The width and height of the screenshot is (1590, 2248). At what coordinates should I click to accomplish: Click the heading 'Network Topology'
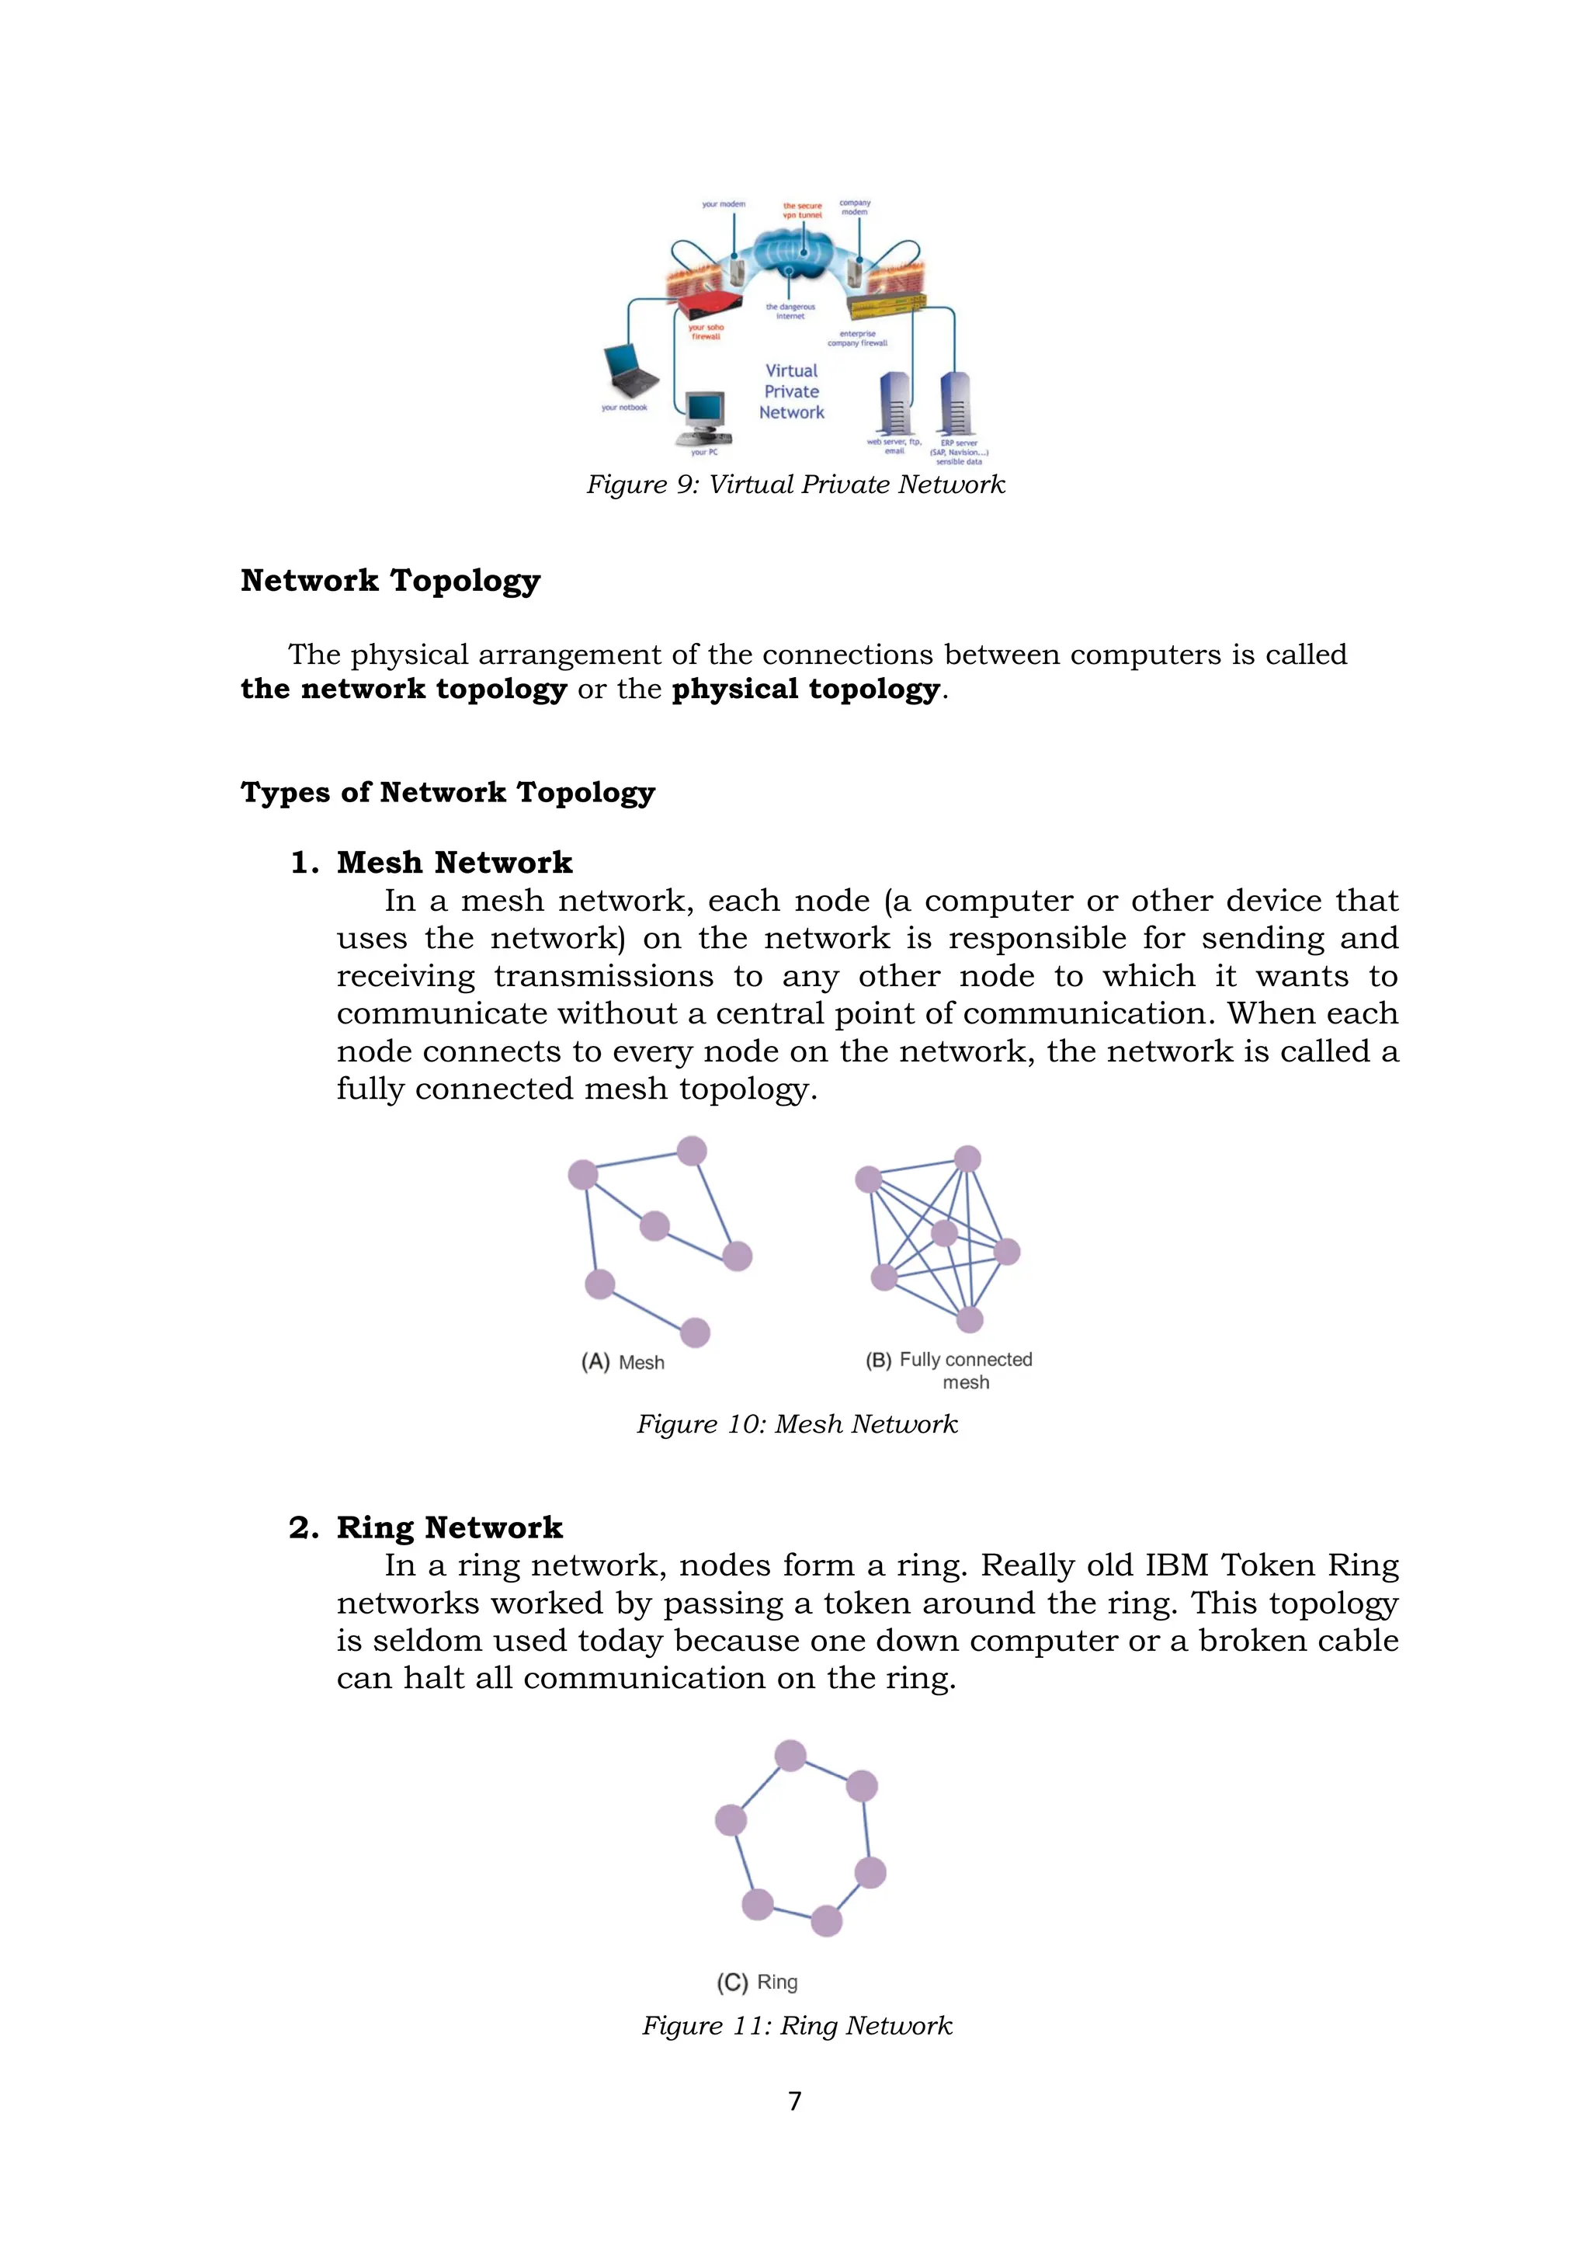(x=390, y=581)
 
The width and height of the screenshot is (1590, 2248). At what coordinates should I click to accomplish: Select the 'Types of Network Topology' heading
(x=447, y=792)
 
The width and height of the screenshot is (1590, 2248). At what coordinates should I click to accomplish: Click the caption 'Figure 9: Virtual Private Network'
(x=795, y=485)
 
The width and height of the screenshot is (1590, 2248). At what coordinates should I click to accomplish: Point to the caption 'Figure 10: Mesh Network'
(x=796, y=1425)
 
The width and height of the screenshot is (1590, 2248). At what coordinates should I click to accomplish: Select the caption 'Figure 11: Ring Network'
(x=796, y=2026)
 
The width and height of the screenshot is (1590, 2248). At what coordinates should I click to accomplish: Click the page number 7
(x=795, y=2101)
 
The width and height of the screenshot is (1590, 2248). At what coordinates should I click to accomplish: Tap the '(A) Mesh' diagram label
(x=623, y=1362)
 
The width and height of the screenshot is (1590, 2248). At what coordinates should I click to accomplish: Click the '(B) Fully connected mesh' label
(x=949, y=1370)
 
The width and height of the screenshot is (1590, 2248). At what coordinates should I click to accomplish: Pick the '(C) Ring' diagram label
(x=757, y=1982)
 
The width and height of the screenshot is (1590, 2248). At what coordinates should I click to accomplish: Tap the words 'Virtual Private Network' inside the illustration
(x=792, y=391)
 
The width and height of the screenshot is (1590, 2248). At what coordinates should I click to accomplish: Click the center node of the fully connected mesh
(x=944, y=1232)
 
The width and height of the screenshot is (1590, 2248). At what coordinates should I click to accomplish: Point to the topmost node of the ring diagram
(x=790, y=1756)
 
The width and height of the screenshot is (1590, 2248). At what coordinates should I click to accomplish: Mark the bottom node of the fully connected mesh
(x=969, y=1320)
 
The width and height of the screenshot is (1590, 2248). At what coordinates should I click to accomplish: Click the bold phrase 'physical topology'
(x=805, y=690)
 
